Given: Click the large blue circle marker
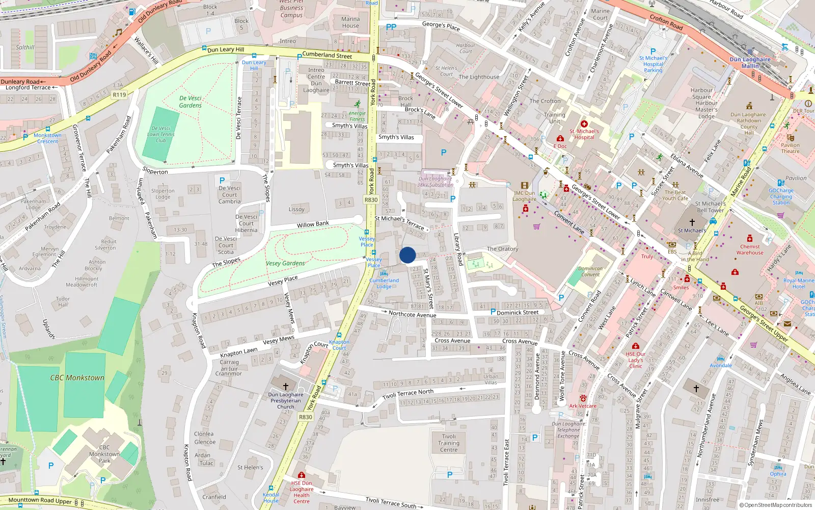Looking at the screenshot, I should (407, 255).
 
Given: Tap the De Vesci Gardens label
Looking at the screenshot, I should (191, 101).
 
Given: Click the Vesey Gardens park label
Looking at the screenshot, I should (285, 263).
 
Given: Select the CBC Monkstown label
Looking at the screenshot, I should (77, 378).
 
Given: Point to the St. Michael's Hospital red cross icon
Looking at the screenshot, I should (584, 124).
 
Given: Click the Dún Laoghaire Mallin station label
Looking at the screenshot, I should (750, 63).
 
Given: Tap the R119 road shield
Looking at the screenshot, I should (119, 95).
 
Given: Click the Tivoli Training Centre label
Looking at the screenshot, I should (449, 443).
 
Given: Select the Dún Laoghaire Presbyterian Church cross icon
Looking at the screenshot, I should (286, 387).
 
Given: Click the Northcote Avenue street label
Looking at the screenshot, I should (412, 314).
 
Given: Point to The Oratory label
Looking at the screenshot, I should (502, 249).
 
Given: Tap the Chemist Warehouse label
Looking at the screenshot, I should (750, 249).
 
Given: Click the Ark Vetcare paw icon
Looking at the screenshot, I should (583, 398).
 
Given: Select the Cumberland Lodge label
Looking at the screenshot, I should (384, 284).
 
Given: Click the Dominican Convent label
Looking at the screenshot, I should (590, 271).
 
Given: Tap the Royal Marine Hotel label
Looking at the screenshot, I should (799, 284).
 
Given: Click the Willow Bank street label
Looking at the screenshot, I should (313, 224).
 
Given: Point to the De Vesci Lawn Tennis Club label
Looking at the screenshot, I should (161, 135).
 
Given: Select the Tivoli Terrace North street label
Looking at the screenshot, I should (408, 393).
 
